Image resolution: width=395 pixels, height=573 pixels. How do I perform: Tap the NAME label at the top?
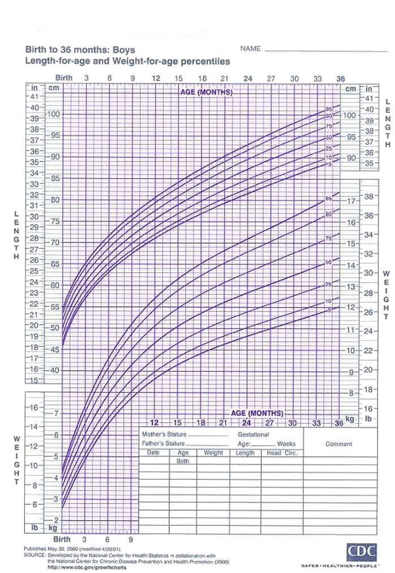251,49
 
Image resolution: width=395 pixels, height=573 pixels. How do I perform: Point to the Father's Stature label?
164,443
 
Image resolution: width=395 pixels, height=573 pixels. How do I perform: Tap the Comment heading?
339,444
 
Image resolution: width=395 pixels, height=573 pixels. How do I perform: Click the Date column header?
153,452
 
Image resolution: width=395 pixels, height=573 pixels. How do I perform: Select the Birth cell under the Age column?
183,461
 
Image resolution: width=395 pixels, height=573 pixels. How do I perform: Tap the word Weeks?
286,444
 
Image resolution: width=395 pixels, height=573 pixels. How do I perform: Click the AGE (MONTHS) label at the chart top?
207,92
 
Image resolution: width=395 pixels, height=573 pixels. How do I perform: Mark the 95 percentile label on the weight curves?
329,199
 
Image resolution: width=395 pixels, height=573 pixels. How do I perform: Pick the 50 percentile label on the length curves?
328,138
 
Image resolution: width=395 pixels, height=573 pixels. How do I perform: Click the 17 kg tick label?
351,202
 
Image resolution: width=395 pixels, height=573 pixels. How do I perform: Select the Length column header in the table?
245,452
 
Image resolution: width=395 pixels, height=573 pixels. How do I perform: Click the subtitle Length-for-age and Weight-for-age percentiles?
127,61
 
